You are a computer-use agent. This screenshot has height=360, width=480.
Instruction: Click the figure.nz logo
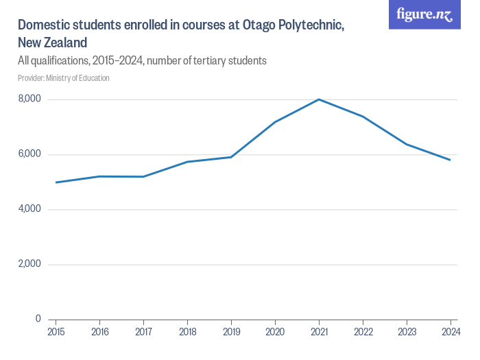tap(425, 15)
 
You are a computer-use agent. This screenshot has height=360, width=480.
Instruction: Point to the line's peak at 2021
tap(319, 99)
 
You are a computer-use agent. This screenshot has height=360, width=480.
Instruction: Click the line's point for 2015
tap(56, 182)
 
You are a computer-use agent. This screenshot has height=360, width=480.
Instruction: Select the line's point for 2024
tap(450, 160)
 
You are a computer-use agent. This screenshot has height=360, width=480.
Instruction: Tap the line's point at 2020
tap(275, 122)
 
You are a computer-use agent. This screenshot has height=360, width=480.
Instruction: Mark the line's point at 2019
tap(231, 157)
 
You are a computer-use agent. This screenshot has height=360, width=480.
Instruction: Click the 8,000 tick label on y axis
tap(29, 99)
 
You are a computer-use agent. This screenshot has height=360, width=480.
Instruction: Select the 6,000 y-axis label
tap(29, 154)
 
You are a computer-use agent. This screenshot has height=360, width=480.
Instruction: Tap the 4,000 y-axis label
tap(29, 209)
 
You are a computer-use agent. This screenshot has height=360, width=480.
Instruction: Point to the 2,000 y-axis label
tap(29, 264)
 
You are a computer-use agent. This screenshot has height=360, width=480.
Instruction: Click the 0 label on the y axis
tap(38, 319)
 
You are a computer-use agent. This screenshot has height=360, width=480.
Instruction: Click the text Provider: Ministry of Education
tap(64, 78)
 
